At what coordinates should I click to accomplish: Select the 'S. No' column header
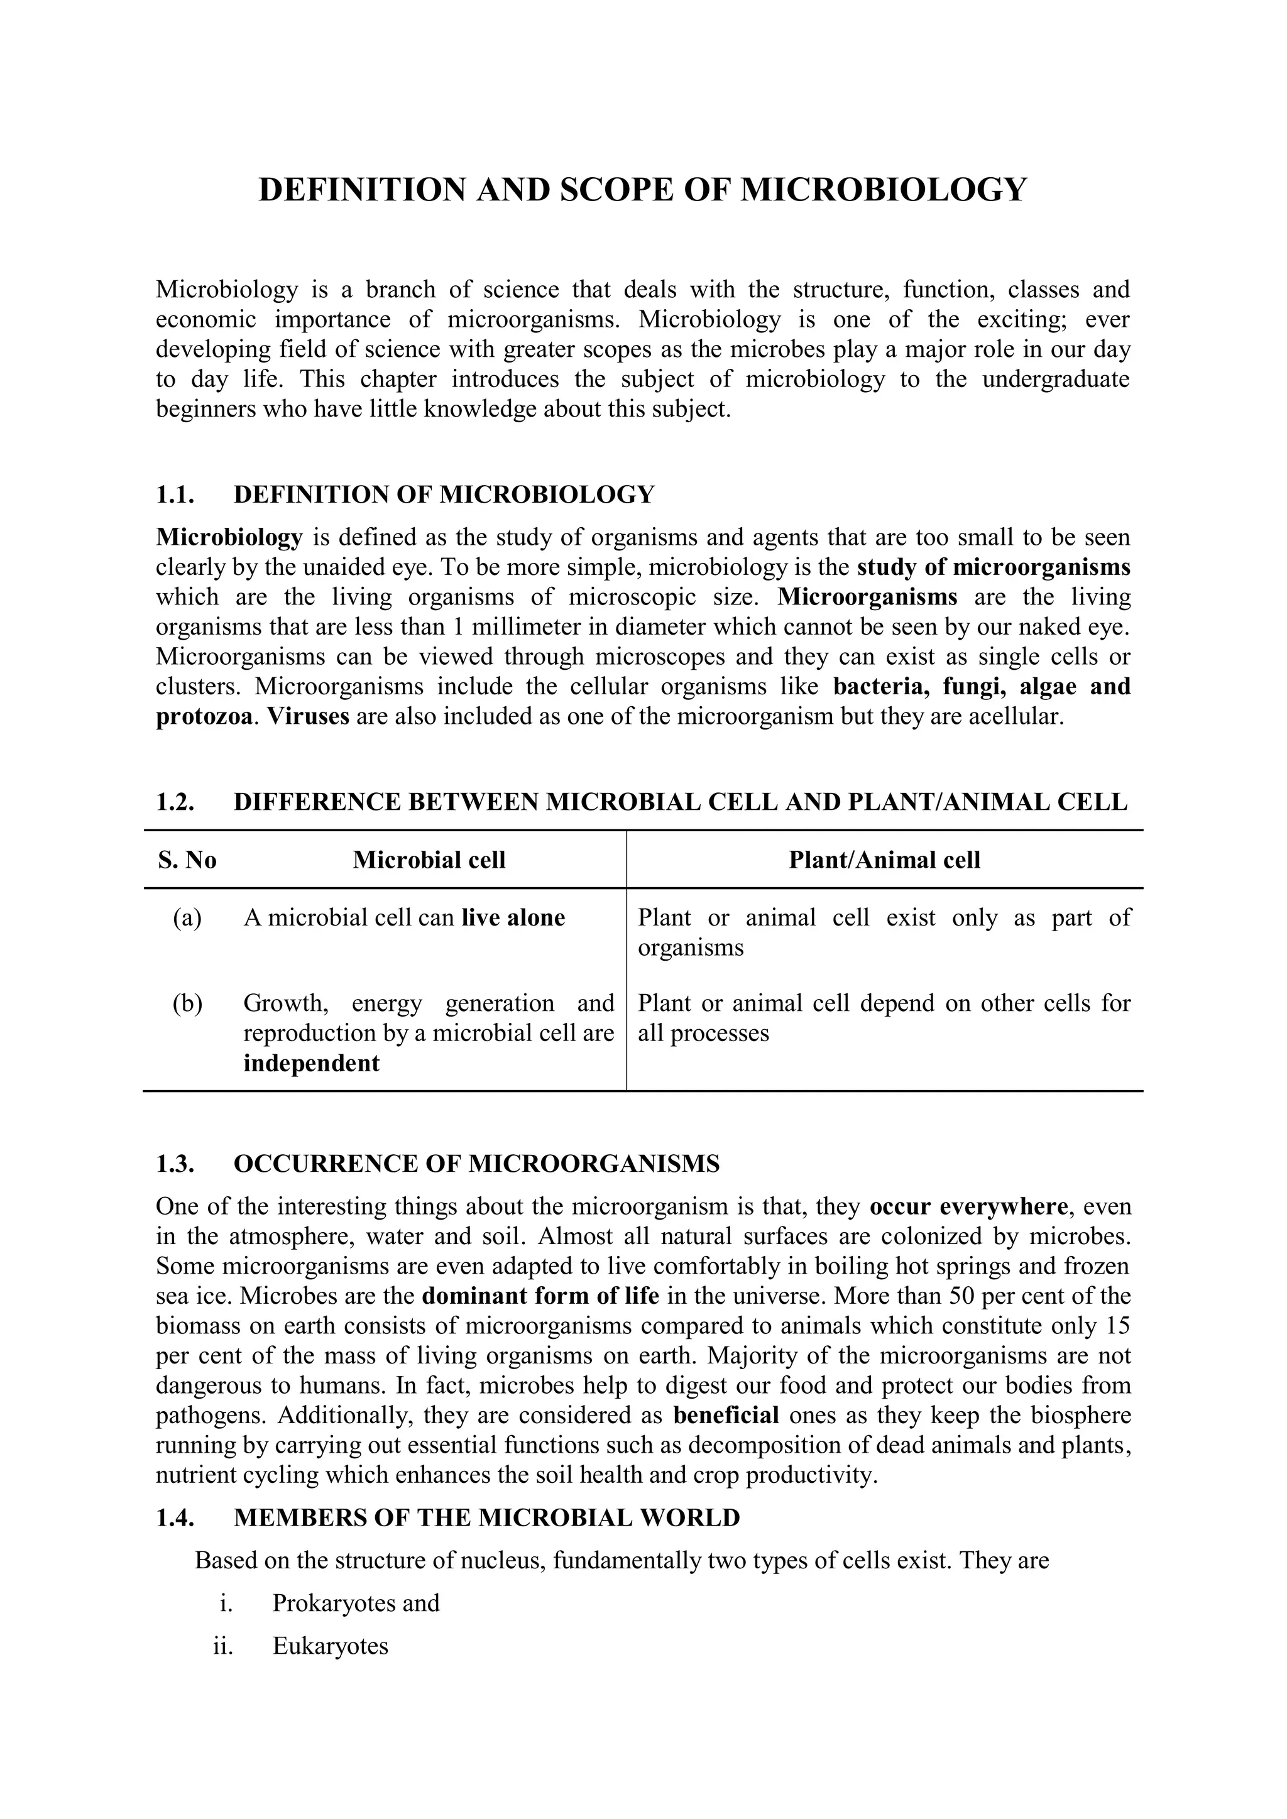(x=187, y=860)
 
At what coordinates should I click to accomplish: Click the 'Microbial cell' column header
(x=429, y=860)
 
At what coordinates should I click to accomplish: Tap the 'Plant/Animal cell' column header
(x=884, y=860)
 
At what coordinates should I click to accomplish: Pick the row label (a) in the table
(x=187, y=918)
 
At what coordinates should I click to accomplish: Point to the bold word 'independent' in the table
(x=312, y=1063)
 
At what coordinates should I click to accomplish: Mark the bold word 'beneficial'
(x=726, y=1416)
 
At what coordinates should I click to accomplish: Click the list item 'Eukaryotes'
(x=331, y=1646)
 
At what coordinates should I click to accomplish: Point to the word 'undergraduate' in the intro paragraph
(x=1056, y=380)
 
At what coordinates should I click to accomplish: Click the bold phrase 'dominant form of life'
(x=540, y=1297)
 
